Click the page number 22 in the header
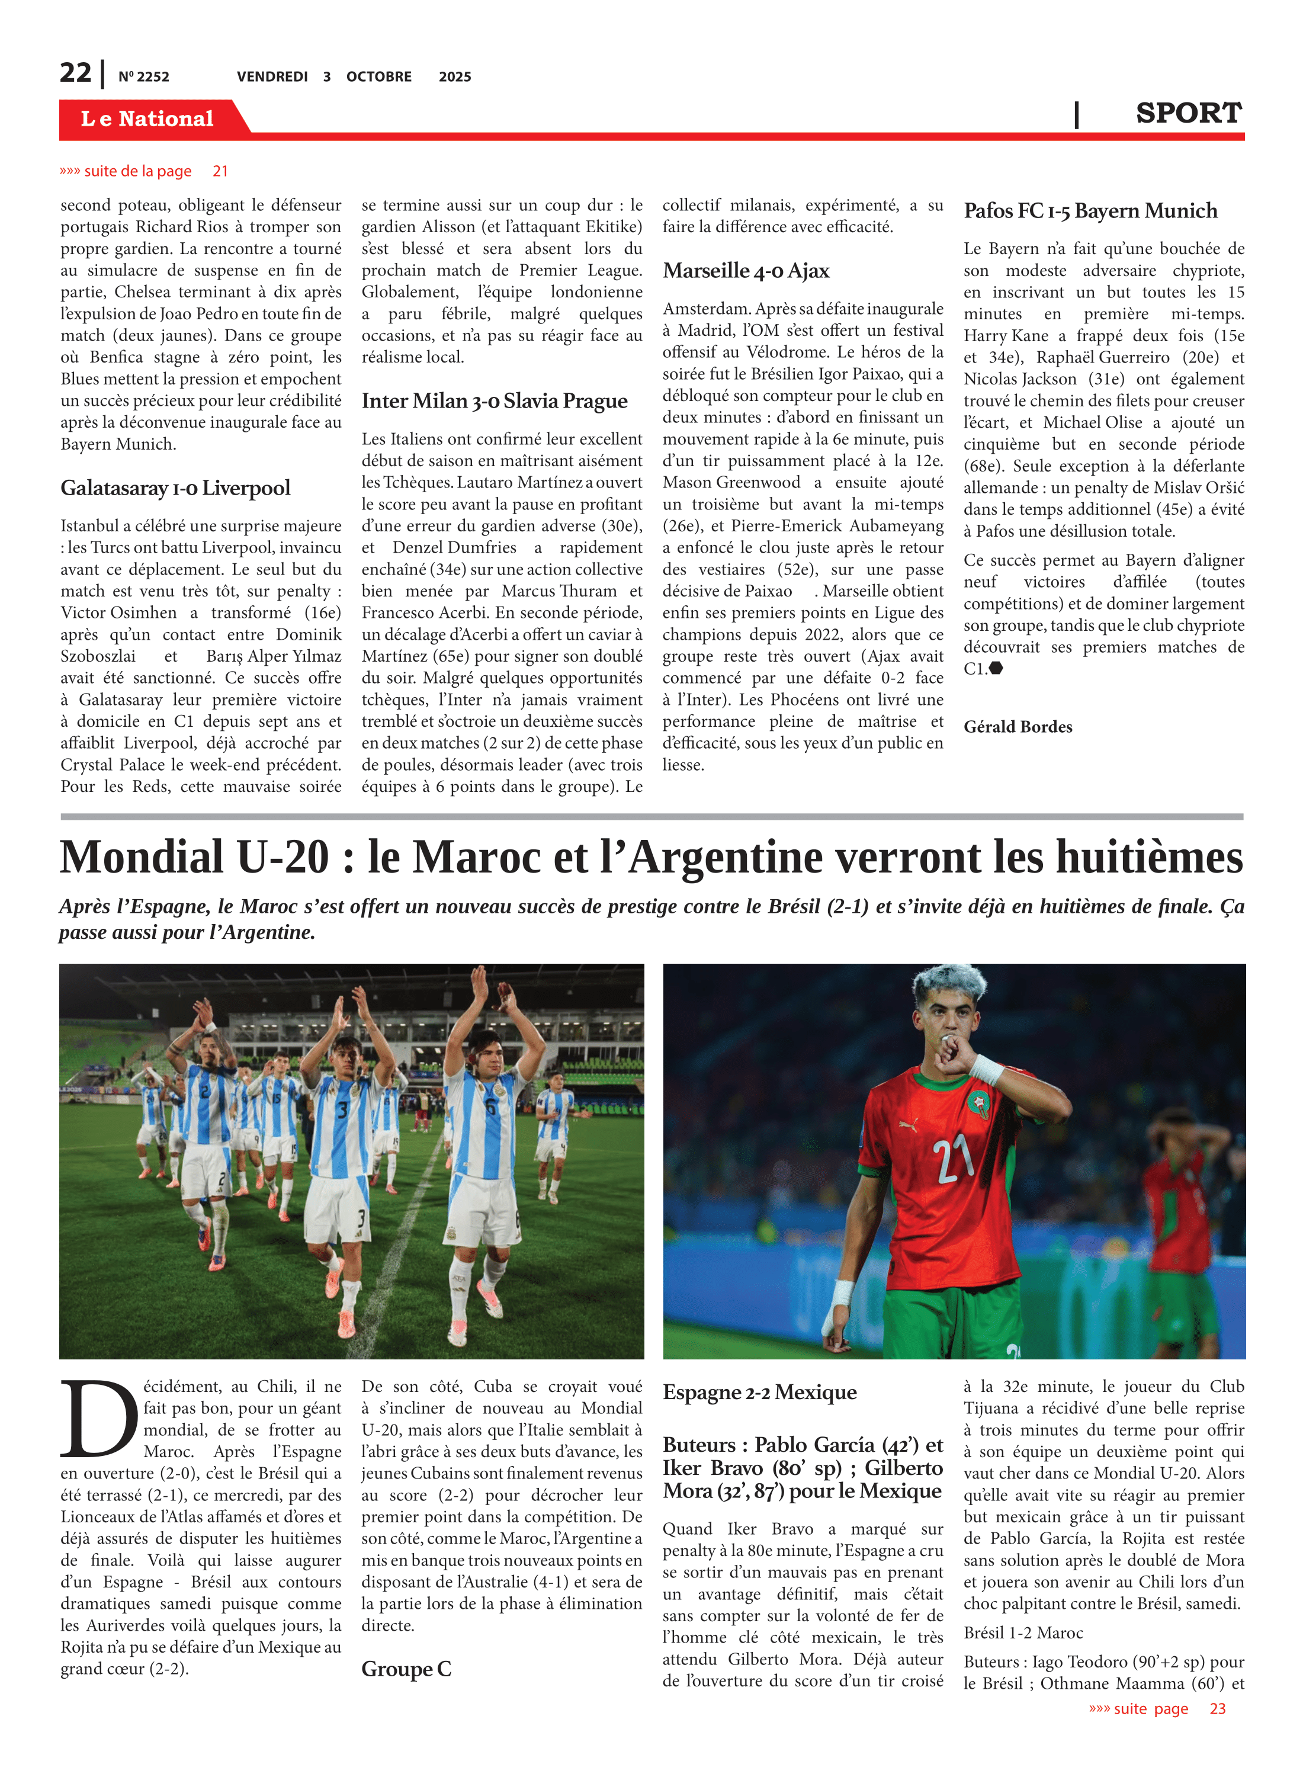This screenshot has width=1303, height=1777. pyautogui.click(x=76, y=73)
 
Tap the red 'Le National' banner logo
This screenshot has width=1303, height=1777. pyautogui.click(x=147, y=119)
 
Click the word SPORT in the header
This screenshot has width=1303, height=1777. pyautogui.click(x=1188, y=114)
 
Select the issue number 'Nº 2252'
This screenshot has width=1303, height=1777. pyautogui.click(x=143, y=77)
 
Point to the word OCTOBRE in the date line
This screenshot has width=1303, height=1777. pyautogui.click(x=378, y=77)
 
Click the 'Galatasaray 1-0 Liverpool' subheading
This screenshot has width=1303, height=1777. pyautogui.click(x=175, y=488)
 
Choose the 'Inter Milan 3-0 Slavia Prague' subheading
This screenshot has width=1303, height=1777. pyautogui.click(x=495, y=402)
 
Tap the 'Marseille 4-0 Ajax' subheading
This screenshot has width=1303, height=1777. pyautogui.click(x=745, y=271)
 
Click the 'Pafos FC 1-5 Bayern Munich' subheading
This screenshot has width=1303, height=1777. pyautogui.click(x=1090, y=211)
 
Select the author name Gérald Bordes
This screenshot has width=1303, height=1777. pyautogui.click(x=1018, y=726)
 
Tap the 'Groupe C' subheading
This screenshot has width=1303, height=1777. pyautogui.click(x=406, y=1669)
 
